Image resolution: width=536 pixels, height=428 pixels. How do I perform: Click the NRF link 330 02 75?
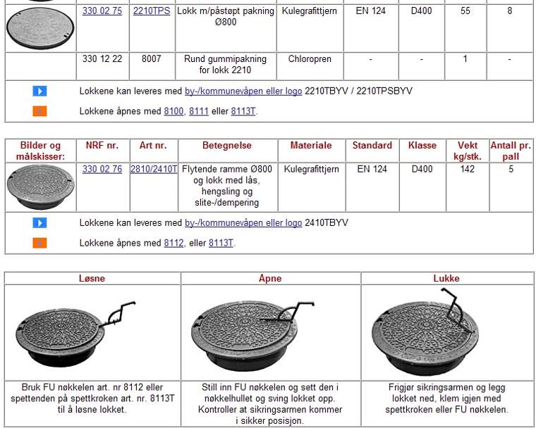(x=102, y=11)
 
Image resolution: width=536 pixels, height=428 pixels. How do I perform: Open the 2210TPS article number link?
(x=152, y=11)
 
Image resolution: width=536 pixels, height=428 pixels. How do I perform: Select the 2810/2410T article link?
(x=154, y=169)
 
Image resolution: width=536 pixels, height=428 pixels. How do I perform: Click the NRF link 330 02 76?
(x=102, y=169)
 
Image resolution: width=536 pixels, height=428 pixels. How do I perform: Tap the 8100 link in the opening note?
(x=173, y=111)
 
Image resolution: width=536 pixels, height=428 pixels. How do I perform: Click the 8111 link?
(x=199, y=111)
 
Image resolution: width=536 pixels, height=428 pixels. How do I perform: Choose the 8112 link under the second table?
(x=173, y=243)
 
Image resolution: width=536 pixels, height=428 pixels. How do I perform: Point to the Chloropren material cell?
(x=310, y=59)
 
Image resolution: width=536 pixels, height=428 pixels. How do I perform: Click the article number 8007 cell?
(x=152, y=59)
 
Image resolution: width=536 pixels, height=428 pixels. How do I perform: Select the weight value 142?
(x=467, y=169)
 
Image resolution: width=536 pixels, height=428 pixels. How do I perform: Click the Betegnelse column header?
(x=226, y=146)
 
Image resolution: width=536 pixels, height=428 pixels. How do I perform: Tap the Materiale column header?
(x=310, y=146)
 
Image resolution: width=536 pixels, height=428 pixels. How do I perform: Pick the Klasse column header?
(x=422, y=146)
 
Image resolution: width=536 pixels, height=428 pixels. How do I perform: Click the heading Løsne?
(x=92, y=279)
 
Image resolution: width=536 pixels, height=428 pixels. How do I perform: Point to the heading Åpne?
(x=270, y=279)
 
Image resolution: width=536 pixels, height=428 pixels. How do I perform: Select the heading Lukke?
(x=446, y=279)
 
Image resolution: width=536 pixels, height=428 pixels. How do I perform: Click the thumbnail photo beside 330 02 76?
(x=39, y=186)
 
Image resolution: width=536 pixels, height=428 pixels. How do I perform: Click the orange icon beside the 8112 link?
(x=39, y=243)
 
